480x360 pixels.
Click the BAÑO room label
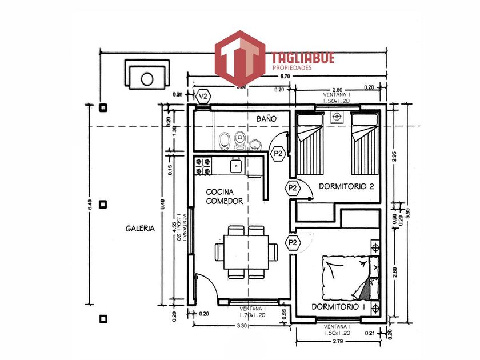tap(266, 118)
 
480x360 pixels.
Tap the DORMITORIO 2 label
tap(346, 186)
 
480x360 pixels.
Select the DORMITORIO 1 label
tap(338, 307)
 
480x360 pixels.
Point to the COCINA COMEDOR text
tap(225, 197)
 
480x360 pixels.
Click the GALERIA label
tap(140, 228)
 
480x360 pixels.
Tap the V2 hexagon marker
tap(203, 96)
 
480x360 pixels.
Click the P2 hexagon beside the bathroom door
tap(278, 153)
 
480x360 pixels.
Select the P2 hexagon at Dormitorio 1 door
tap(293, 242)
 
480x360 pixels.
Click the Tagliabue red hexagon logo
tap(239, 58)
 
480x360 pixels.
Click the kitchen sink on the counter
tap(235, 166)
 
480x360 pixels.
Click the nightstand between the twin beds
tap(336, 117)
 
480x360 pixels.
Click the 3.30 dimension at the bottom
tap(242, 326)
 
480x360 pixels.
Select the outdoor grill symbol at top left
tap(147, 77)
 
